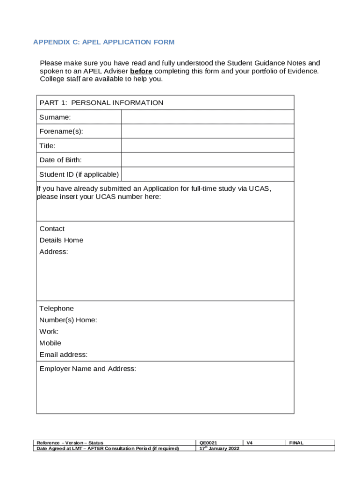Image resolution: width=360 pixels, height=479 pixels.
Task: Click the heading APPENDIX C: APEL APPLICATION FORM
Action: [103, 42]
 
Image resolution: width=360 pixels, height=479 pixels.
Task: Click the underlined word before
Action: [141, 71]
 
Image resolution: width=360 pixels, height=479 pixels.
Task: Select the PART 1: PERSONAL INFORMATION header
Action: [101, 102]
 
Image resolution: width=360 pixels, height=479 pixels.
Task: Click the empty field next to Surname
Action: [208, 117]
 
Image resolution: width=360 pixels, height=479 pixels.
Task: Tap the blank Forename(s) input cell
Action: [208, 131]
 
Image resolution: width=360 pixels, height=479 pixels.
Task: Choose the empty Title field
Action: [208, 145]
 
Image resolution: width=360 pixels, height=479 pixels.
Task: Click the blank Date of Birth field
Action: [208, 160]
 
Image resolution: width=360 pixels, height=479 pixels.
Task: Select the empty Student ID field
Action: [208, 174]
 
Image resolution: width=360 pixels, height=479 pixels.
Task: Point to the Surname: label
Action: [55, 117]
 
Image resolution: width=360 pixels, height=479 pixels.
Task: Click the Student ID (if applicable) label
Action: [79, 174]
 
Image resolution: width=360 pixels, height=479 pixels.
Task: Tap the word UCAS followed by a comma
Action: [259, 189]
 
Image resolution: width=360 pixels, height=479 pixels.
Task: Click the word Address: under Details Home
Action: [53, 252]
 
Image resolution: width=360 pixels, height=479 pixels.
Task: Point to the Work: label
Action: [49, 332]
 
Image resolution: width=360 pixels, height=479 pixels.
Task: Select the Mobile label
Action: [50, 343]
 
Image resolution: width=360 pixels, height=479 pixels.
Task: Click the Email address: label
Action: [63, 355]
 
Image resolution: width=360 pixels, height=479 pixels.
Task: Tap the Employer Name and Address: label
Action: [87, 369]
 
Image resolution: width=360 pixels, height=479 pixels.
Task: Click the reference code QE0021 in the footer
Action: [208, 443]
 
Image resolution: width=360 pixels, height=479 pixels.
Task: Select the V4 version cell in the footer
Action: [250, 443]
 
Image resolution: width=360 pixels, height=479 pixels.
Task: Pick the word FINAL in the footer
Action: [296, 443]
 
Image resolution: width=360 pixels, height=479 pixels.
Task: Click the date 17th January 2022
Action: [219, 448]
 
